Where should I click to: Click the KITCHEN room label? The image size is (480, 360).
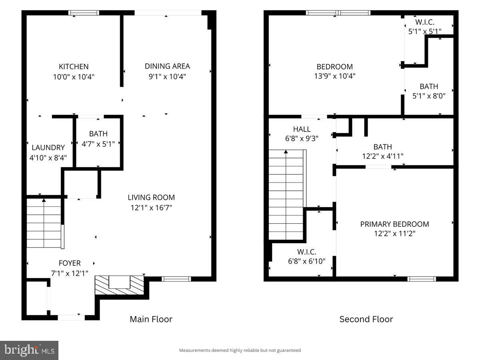pyautogui.click(x=74, y=67)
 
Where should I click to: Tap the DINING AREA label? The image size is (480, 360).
pyautogui.click(x=167, y=66)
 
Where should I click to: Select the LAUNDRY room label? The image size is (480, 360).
pyautogui.click(x=48, y=148)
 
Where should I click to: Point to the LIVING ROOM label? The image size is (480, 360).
pyautogui.click(x=151, y=198)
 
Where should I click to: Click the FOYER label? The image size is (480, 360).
pyautogui.click(x=70, y=263)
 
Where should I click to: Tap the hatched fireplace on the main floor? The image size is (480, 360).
pyautogui.click(x=119, y=285)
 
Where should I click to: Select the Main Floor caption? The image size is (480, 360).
pyautogui.click(x=151, y=319)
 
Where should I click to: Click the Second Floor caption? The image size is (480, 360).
pyautogui.click(x=366, y=319)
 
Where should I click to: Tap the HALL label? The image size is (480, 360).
pyautogui.click(x=302, y=129)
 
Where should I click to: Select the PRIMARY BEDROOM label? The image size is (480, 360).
pyautogui.click(x=394, y=224)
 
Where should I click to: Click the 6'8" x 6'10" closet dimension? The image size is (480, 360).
pyautogui.click(x=307, y=261)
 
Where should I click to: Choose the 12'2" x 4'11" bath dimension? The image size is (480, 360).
pyautogui.click(x=382, y=156)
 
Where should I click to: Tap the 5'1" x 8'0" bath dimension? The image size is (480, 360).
pyautogui.click(x=429, y=96)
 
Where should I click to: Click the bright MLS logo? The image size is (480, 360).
pyautogui.click(x=29, y=350)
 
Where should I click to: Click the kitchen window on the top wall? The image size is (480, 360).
pyautogui.click(x=84, y=13)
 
